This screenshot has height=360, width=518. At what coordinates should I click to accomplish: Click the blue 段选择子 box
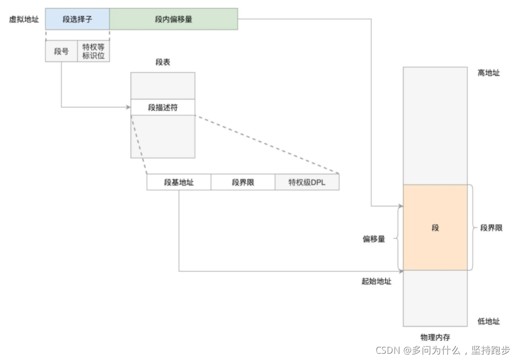click(77, 19)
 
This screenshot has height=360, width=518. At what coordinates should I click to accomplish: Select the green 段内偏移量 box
click(173, 19)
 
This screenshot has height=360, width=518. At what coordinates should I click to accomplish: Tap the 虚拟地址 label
click(23, 19)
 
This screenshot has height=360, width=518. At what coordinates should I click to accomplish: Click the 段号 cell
click(61, 51)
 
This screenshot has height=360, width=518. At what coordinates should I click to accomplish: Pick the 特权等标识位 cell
click(93, 51)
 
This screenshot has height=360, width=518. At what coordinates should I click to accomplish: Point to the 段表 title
click(162, 62)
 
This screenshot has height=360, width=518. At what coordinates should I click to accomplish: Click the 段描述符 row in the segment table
click(162, 107)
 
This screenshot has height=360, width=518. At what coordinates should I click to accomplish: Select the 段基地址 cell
click(179, 182)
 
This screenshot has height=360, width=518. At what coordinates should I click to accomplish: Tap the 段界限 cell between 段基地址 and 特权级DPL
click(243, 182)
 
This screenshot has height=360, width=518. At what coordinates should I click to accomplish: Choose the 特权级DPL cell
click(307, 182)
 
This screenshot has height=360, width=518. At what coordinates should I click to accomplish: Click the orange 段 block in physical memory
click(435, 227)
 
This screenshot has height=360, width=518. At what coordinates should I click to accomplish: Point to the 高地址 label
click(488, 73)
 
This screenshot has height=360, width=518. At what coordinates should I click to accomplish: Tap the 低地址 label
click(488, 321)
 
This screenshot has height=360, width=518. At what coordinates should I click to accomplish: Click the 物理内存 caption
click(435, 337)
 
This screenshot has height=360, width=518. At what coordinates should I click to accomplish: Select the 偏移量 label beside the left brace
click(374, 239)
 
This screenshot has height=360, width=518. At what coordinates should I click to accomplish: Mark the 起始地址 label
click(376, 281)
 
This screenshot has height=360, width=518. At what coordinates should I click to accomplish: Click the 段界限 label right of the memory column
click(491, 228)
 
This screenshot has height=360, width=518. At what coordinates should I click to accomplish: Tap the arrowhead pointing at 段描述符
click(128, 107)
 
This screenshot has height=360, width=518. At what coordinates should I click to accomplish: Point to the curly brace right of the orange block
click(472, 227)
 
